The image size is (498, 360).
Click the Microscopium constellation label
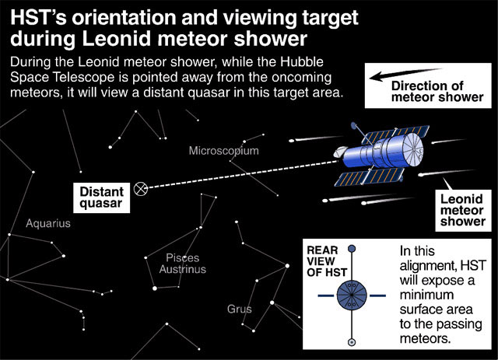pyautogui.click(x=223, y=150)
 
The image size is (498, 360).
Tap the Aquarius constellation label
pyautogui.click(x=48, y=223)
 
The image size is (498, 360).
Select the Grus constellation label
pyautogui.click(x=240, y=309)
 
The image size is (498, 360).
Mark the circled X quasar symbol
pyautogui.click(x=141, y=188)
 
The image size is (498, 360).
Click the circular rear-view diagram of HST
pyautogui.click(x=352, y=295)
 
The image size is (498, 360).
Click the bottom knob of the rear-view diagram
pyautogui.click(x=352, y=341)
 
